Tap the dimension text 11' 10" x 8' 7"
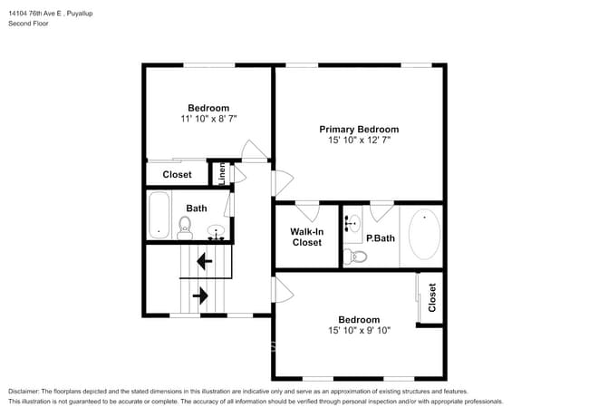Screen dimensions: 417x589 pos(208,119)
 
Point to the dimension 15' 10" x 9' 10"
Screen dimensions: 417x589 pos(359,331)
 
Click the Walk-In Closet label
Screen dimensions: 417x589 pos(306,237)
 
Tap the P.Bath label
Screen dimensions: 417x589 pos(380,238)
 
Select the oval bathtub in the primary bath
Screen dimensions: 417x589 pos(424,235)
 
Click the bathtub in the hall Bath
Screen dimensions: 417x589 pos(159,214)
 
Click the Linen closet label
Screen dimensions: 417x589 pos(221,173)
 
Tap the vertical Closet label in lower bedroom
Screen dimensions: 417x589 pos(432,296)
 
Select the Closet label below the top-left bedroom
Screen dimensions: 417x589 pos(177,174)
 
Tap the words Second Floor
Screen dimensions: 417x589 pos(29,24)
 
